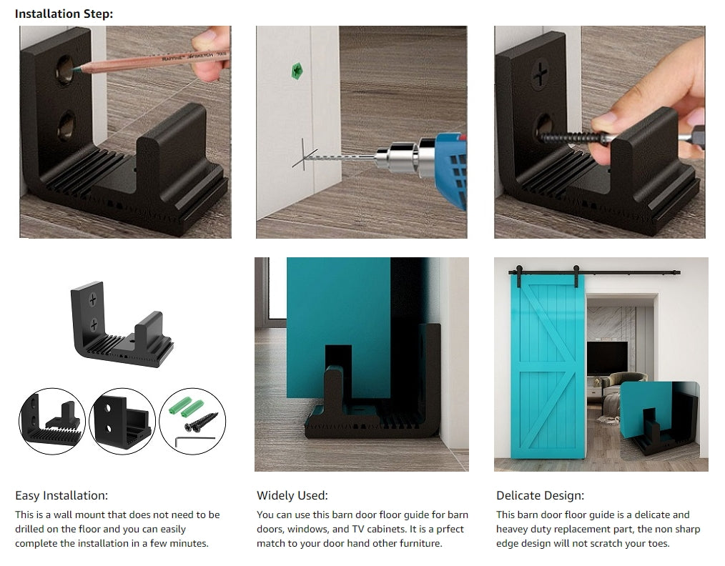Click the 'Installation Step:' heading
(x=64, y=14)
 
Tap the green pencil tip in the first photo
(x=75, y=70)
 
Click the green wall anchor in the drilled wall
(x=297, y=71)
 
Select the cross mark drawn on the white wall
(x=305, y=155)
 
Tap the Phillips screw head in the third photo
(x=540, y=74)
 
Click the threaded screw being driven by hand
(x=573, y=138)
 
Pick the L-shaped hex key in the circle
(x=194, y=440)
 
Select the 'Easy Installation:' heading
(x=61, y=496)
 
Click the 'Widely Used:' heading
(x=292, y=496)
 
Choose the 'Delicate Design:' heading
(x=540, y=496)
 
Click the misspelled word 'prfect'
(x=450, y=529)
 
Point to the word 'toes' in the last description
(x=658, y=543)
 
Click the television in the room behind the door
(x=607, y=358)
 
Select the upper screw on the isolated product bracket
(x=92, y=300)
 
